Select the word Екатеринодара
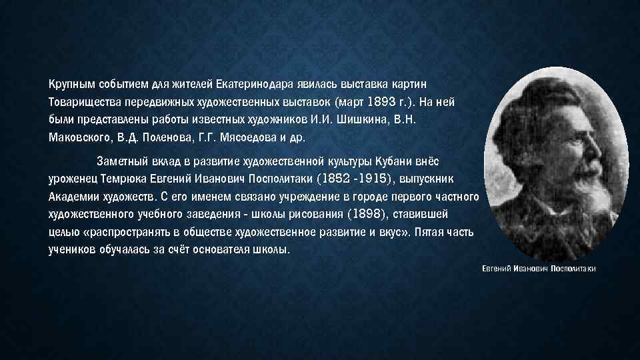[250, 85]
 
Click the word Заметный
[123, 161]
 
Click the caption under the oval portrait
[539, 269]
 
